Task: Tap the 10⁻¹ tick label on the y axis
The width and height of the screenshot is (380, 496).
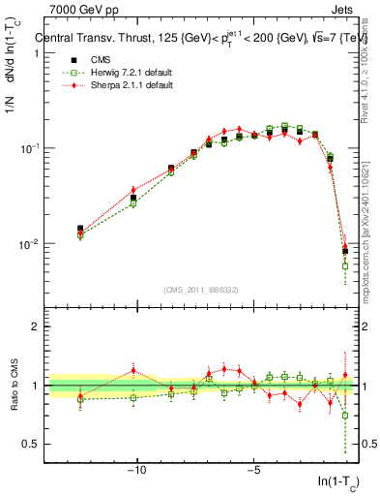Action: click(x=29, y=148)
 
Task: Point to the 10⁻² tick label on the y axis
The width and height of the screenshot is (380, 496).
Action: click(x=29, y=244)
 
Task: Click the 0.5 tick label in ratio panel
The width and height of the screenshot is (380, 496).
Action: click(x=28, y=444)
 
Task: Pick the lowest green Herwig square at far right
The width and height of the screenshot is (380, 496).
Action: click(x=345, y=265)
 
